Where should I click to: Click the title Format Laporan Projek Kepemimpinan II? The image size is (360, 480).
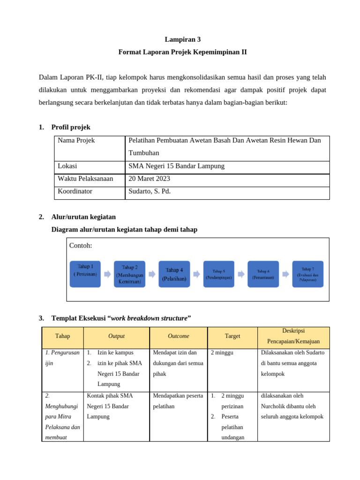tap(182, 52)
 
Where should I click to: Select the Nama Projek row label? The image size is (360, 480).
tap(76, 141)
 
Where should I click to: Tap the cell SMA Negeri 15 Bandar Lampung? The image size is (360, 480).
tap(176, 166)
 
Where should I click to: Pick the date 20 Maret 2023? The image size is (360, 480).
tap(149, 179)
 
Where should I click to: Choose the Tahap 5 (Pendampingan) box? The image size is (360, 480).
tap(218, 274)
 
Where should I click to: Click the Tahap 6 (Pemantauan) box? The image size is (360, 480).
tap(263, 274)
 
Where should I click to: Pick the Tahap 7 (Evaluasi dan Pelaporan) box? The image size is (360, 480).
tap(307, 274)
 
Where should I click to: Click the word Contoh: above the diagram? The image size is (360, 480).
tap(81, 246)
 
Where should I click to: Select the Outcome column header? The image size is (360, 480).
tap(178, 336)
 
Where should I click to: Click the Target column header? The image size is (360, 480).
tap(232, 336)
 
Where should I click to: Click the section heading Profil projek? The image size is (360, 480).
tap(71, 127)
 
